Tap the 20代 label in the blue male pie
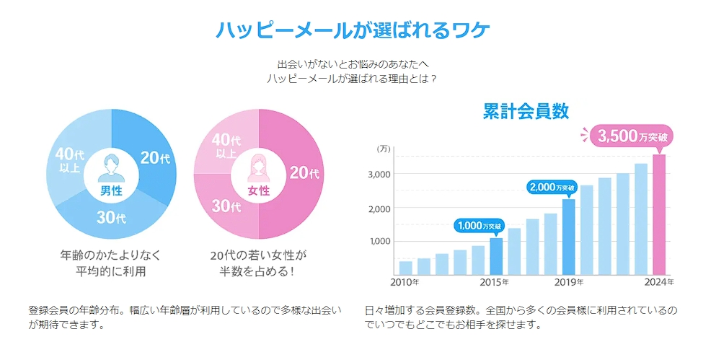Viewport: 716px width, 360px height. (155, 157)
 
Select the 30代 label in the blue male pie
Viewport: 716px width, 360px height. (111, 217)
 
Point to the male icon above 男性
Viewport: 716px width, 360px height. (111, 167)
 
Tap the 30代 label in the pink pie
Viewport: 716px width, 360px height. (226, 206)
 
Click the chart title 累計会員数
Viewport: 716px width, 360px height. (526, 111)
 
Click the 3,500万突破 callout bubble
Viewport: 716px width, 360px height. (630, 136)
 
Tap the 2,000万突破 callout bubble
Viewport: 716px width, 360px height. (552, 188)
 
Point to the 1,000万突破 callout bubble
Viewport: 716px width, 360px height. (479, 226)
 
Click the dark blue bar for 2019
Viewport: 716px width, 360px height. (568, 237)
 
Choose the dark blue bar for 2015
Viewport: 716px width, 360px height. (496, 256)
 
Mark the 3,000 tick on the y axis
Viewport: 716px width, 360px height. (379, 175)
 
